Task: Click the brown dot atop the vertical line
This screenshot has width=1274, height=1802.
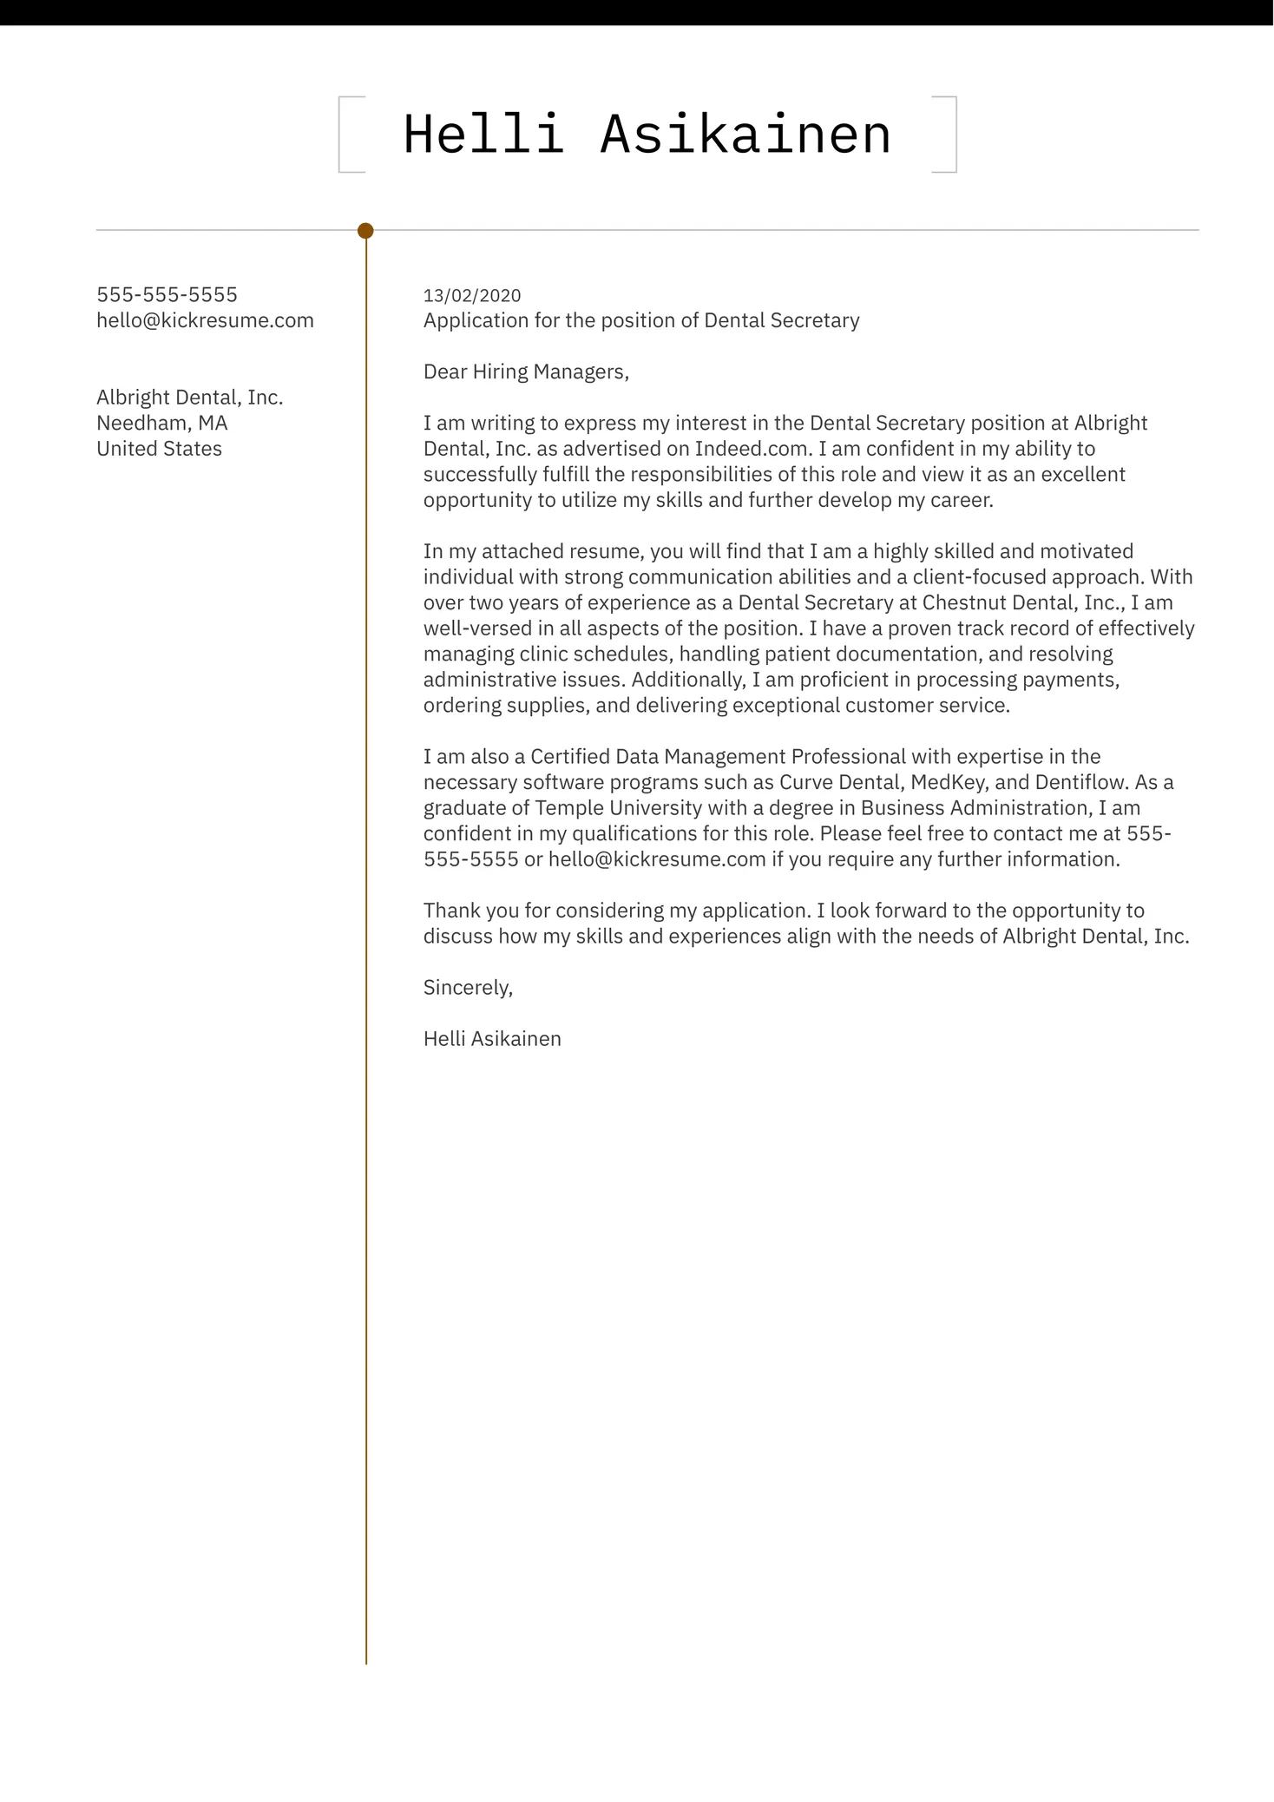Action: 365,231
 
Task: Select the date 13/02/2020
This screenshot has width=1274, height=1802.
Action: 472,296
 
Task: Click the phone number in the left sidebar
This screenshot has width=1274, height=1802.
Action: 167,295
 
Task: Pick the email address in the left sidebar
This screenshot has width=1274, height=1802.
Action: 205,320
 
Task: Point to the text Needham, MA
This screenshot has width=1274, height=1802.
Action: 161,424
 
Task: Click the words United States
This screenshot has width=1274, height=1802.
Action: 159,449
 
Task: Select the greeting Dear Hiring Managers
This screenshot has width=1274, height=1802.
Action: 526,372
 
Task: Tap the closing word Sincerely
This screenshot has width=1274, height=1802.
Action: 468,988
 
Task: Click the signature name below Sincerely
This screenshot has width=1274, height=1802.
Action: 492,1039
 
